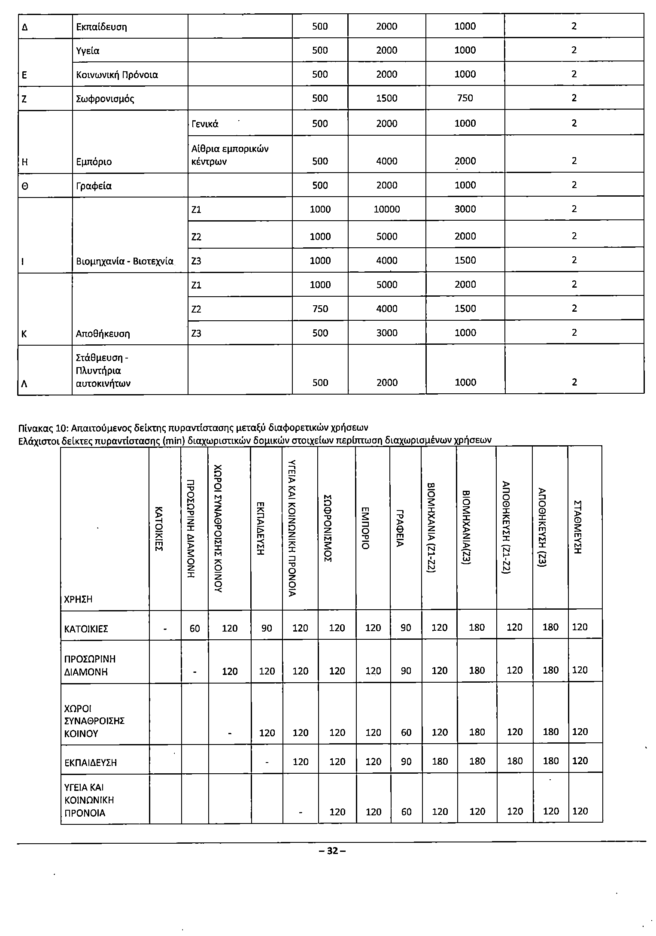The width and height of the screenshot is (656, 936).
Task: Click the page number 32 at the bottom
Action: pos(332,851)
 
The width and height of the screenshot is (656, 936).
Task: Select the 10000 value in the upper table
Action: pos(386,210)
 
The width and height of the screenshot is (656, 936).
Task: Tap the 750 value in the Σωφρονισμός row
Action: pos(465,98)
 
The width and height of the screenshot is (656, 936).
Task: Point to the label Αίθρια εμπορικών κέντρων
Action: pos(230,155)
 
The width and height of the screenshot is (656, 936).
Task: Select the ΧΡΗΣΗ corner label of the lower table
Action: pos(78,599)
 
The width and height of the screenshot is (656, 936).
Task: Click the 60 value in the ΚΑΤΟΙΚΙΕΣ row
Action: pos(195,628)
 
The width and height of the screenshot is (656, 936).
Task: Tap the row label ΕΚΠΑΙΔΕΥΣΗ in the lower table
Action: pos(91,763)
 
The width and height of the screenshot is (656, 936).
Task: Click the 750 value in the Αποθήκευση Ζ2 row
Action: pos(320,309)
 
